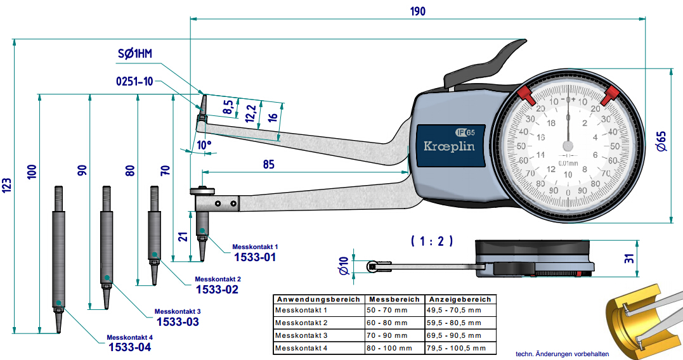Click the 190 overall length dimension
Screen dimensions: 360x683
[417, 11]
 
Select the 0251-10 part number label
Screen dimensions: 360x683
[134, 81]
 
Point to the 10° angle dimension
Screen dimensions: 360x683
[204, 145]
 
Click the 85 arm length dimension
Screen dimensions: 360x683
[268, 164]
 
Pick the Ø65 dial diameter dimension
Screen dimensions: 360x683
[661, 141]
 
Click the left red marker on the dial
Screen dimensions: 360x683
[526, 96]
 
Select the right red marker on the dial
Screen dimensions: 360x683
[610, 96]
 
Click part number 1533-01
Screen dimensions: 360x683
[256, 257]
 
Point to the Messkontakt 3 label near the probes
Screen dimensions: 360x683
[178, 312]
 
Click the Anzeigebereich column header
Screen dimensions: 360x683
[460, 299]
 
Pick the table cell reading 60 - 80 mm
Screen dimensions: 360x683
[386, 323]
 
